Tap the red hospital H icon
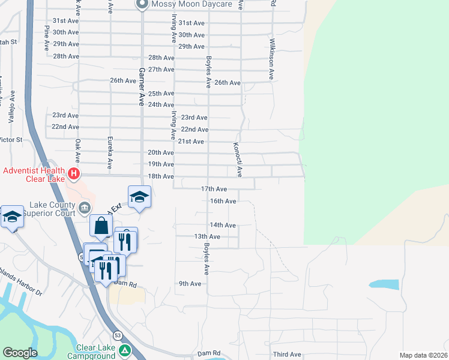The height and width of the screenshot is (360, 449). [73, 175]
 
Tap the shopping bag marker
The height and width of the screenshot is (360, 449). [101, 226]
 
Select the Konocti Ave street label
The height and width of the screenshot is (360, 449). [238, 160]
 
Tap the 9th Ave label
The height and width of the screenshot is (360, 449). [190, 283]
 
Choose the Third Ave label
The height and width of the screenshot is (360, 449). [286, 355]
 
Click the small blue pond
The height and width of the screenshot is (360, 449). [384, 285]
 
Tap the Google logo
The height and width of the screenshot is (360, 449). [20, 353]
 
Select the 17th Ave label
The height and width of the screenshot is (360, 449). [213, 188]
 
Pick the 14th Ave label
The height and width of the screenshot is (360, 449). [222, 225]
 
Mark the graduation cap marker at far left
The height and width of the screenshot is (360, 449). [12, 217]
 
